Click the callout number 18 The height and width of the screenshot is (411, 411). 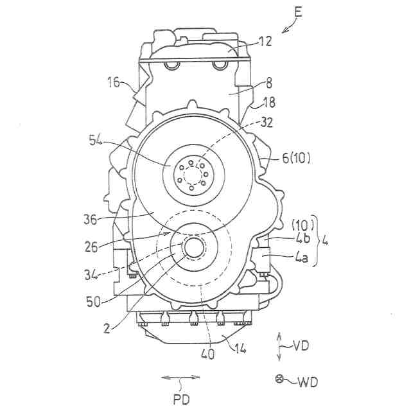[x=268, y=101]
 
